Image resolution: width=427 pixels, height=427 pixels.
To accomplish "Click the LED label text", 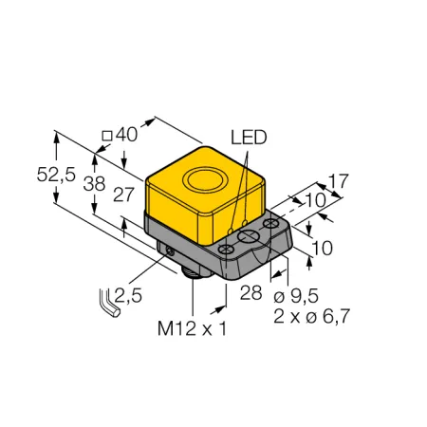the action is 249,138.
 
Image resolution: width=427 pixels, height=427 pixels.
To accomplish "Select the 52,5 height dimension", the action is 56,175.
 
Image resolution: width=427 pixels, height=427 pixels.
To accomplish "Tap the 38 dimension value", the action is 94,184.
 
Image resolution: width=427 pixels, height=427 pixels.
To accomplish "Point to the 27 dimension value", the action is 123,195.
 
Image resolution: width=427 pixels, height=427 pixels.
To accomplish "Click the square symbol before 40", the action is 107,136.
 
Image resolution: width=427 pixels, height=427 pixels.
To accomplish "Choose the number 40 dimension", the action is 126,135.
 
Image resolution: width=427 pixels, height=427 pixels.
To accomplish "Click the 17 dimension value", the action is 338,180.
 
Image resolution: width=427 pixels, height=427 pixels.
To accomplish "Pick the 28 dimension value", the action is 251,292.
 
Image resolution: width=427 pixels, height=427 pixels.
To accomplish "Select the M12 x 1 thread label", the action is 192,328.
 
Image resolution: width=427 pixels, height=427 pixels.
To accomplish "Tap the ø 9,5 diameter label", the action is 296,296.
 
